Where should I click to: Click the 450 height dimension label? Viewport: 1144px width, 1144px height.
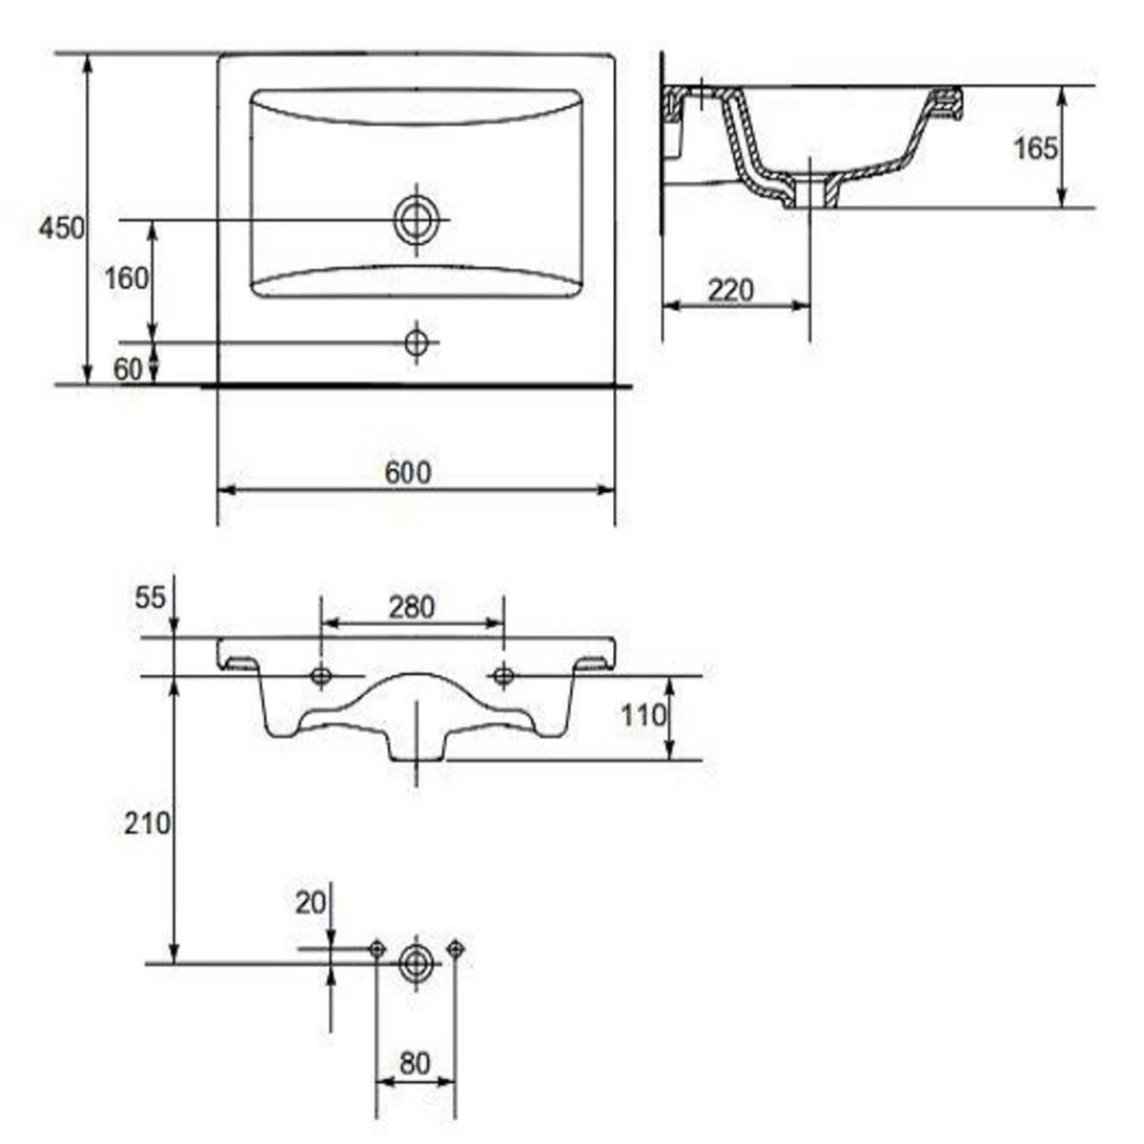[61, 229]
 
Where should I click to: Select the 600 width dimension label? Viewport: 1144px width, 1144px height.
[408, 472]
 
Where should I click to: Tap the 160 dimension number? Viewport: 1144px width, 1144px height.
[127, 278]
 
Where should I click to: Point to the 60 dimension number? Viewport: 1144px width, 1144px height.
[128, 369]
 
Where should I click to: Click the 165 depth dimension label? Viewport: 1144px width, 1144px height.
[1035, 148]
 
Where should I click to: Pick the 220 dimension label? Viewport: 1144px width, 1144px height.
[730, 289]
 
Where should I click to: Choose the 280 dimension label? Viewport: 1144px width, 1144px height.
[412, 606]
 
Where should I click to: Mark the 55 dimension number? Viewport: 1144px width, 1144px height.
[151, 598]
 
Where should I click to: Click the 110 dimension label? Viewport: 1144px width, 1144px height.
[643, 714]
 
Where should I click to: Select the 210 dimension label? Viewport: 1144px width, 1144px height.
[147, 822]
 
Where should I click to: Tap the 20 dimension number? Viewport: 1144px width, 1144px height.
[311, 902]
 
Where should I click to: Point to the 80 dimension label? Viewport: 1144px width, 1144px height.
[415, 1063]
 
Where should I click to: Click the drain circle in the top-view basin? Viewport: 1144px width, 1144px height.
[416, 220]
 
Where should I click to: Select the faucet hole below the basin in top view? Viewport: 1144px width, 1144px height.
[416, 341]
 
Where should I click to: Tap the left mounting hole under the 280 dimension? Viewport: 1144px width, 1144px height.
[321, 676]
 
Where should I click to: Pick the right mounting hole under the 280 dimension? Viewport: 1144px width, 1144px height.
[503, 676]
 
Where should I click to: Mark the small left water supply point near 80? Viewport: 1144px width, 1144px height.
[377, 949]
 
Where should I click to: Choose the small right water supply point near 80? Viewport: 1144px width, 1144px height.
[456, 949]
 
